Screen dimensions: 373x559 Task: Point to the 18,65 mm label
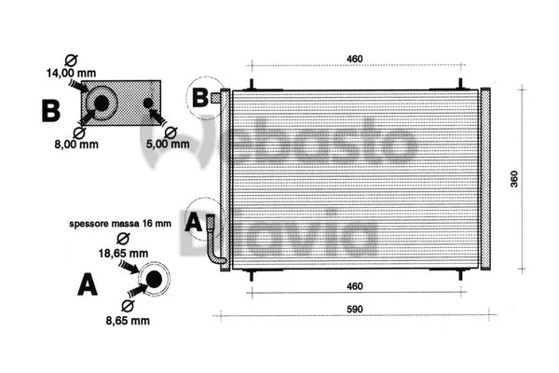pos(125,253)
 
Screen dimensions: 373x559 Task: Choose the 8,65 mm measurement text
pos(127,320)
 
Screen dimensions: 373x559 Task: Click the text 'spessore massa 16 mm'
pos(120,225)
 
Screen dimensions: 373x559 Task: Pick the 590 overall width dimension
pos(354,309)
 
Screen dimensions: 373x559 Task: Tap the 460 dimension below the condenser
pos(354,287)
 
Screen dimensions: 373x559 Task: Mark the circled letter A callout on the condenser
pos(194,221)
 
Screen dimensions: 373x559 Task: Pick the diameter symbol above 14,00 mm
pos(64,56)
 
